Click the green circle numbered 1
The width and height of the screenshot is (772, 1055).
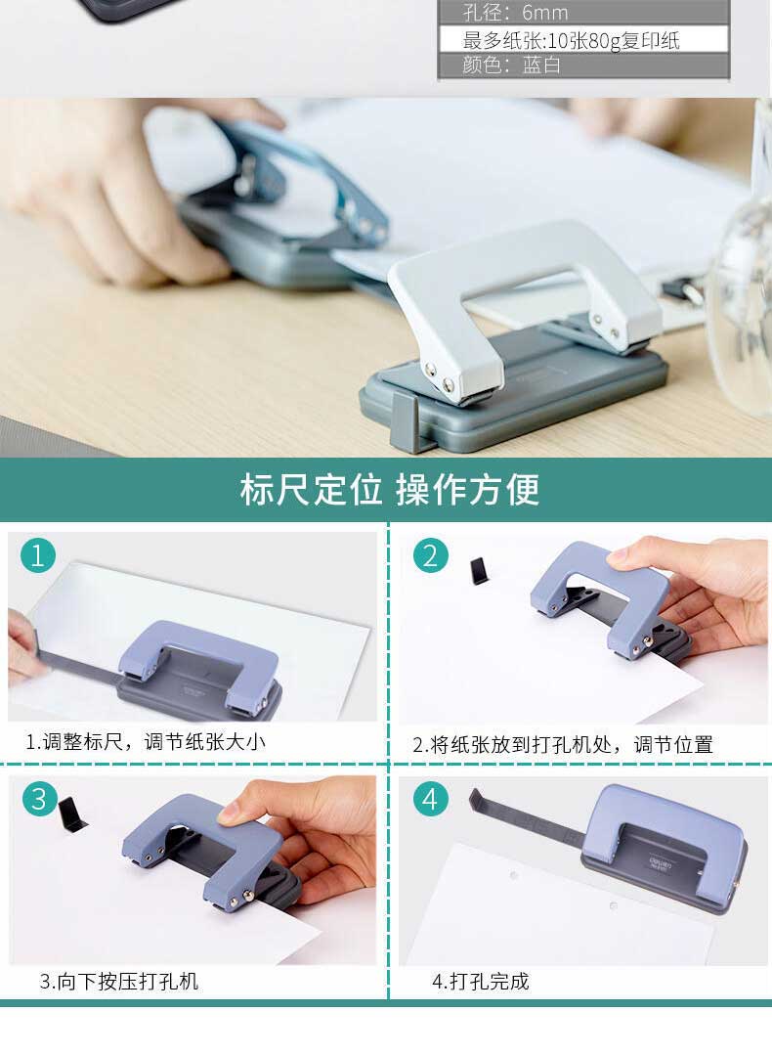coord(37,555)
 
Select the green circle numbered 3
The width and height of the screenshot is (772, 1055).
coord(40,799)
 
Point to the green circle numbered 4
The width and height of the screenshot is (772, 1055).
coord(430,799)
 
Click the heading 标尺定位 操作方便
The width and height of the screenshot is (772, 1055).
coord(390,489)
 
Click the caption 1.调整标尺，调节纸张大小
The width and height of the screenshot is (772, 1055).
coord(146,741)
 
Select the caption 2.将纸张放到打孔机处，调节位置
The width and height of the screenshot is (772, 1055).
coord(563,744)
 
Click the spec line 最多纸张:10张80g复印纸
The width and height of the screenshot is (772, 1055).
coord(571,40)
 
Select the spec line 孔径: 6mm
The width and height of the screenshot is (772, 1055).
coord(515,13)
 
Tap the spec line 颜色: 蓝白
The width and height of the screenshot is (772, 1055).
coord(511,65)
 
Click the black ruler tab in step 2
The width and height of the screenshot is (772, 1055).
coord(480,571)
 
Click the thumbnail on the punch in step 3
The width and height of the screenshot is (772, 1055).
coord(229,813)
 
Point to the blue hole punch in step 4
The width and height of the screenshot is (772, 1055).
coord(665,848)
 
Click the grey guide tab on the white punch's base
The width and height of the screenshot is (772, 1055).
coord(405,421)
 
